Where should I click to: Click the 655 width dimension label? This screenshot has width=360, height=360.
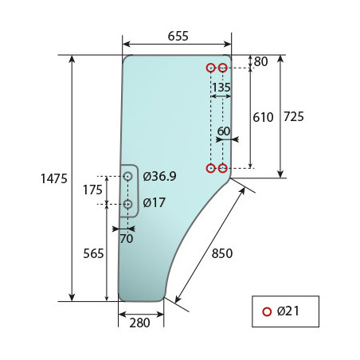[x=178, y=36]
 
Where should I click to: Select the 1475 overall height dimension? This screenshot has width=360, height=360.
[x=54, y=178]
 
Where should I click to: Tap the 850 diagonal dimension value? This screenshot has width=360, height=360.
[x=222, y=253]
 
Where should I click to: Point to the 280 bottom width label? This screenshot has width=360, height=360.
[x=139, y=323]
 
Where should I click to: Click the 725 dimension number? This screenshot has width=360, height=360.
[x=294, y=116]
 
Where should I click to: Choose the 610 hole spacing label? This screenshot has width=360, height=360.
[x=263, y=117]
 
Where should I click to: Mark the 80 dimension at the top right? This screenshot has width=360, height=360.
[x=261, y=61]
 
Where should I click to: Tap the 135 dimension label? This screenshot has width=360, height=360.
[x=221, y=88]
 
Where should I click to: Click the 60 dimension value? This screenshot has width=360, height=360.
[x=224, y=131]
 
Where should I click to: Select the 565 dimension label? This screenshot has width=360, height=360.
[x=93, y=253]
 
